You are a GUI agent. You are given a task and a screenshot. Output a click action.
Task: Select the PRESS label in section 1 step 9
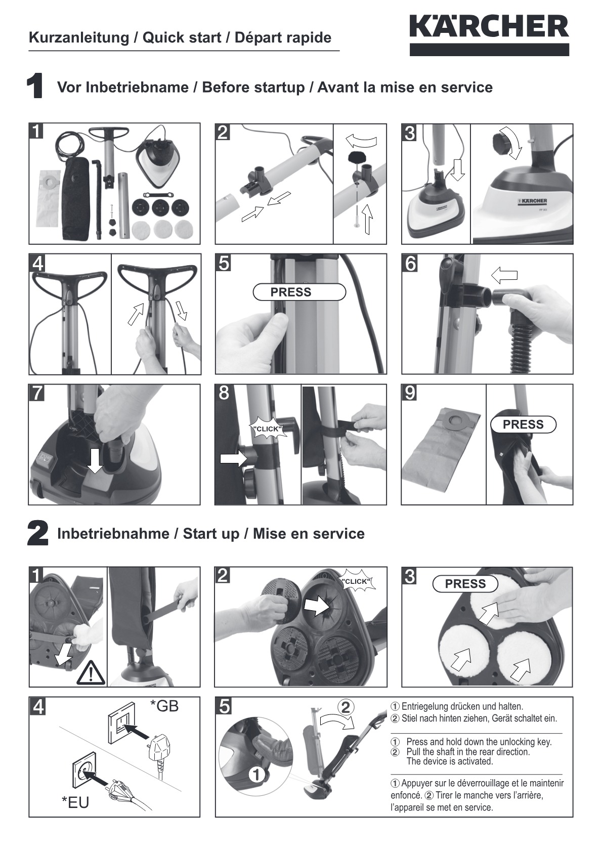(x=523, y=424)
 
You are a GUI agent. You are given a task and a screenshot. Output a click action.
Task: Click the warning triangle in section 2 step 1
(x=91, y=673)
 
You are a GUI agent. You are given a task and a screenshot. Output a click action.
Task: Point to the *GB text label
(x=164, y=706)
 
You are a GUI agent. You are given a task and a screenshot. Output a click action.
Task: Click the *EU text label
(x=75, y=802)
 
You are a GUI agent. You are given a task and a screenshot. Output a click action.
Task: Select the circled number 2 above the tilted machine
(x=346, y=707)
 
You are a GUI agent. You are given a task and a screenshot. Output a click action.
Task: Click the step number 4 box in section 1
(x=37, y=263)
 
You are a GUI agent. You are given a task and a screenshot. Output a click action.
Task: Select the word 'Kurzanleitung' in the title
(x=78, y=37)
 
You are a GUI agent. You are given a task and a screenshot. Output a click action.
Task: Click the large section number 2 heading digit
(x=37, y=534)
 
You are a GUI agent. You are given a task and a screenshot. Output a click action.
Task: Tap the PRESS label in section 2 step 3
(x=465, y=584)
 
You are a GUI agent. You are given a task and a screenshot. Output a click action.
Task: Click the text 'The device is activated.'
(x=449, y=761)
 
